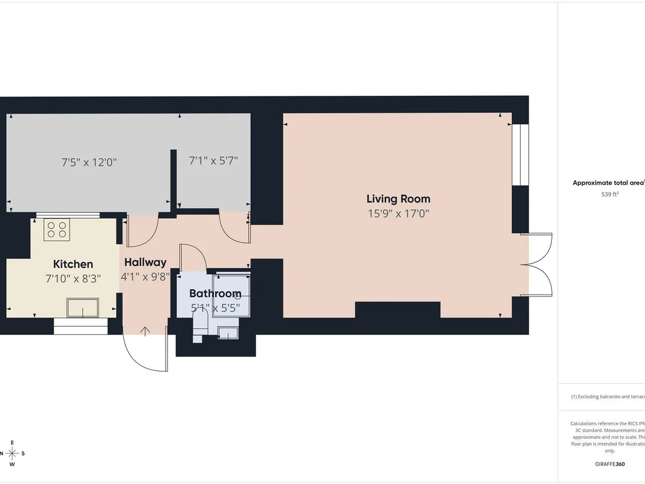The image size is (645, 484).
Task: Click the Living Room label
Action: tap(398, 199)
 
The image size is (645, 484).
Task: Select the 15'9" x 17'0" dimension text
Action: tap(398, 213)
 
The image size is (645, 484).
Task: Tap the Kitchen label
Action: tap(73, 264)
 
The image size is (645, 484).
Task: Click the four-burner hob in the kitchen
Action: tap(57, 230)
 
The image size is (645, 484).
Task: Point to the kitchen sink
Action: tap(82, 308)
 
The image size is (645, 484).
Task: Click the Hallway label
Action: tap(145, 262)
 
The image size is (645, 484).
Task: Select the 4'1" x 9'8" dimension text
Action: tap(145, 277)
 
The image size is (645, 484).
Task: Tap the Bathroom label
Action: tap(215, 294)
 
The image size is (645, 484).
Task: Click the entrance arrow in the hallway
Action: tap(145, 331)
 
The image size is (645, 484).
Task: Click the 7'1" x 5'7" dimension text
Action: tap(213, 160)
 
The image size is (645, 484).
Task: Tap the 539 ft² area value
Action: tap(610, 195)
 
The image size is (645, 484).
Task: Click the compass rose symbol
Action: tap(12, 453)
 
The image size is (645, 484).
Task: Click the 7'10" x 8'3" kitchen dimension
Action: tap(73, 278)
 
